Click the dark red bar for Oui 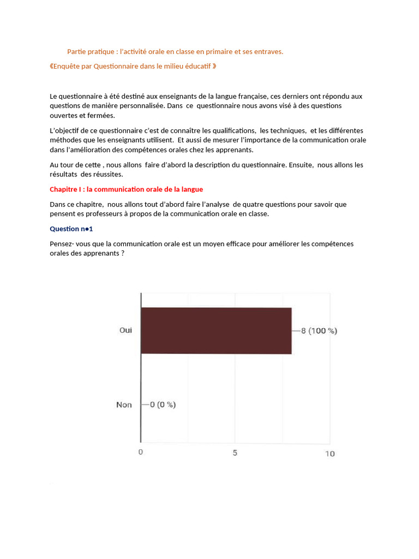216,331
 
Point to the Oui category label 125,330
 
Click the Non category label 124,405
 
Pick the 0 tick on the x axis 141,453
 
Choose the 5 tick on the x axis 235,453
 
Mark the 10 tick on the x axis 330,454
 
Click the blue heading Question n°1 71,229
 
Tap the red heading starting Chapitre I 126,189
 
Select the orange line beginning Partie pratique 175,52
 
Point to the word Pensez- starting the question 62,243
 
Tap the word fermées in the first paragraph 103,116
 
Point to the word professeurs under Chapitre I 100,214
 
